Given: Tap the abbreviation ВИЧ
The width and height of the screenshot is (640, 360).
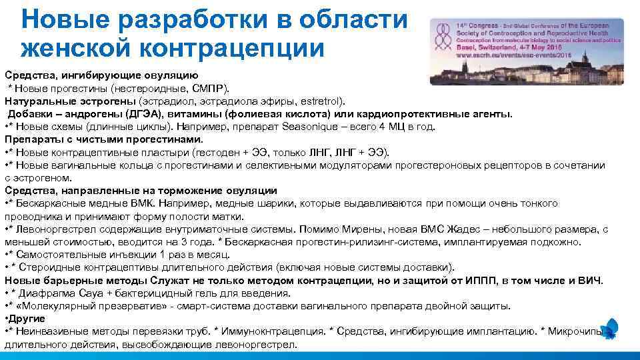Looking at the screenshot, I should tap(589, 280).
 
